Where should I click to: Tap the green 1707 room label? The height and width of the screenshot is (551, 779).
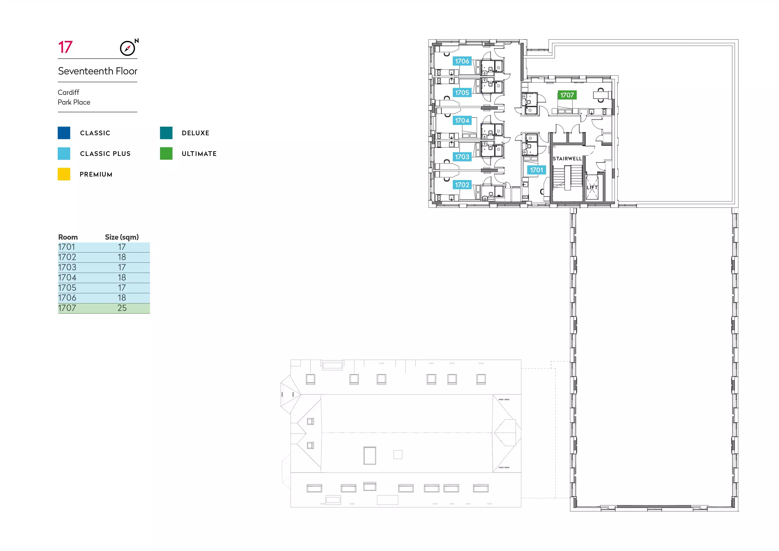tap(567, 95)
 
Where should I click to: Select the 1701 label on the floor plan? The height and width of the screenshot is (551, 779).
tap(537, 170)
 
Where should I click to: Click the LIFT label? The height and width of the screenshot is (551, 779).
tap(592, 187)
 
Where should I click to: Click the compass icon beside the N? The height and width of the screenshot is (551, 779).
tap(127, 48)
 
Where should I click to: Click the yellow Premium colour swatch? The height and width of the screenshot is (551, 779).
tap(64, 174)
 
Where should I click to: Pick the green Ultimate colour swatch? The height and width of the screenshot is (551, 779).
tap(166, 153)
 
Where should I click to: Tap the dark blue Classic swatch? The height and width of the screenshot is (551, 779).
tap(64, 133)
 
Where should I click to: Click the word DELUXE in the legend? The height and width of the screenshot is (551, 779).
tap(195, 133)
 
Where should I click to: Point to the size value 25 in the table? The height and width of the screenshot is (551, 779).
tap(122, 308)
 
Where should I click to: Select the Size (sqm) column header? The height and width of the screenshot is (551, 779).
tap(122, 237)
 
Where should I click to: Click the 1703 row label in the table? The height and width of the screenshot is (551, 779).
tap(67, 267)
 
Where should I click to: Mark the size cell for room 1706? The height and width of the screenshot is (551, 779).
tap(122, 298)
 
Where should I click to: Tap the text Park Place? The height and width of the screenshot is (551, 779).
tap(74, 102)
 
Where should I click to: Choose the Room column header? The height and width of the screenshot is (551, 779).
tap(68, 237)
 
